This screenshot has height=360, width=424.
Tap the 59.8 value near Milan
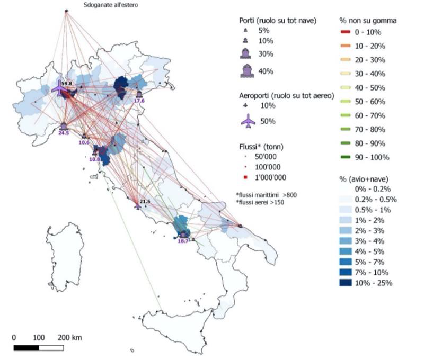[67, 84]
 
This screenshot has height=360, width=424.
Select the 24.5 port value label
[64, 133]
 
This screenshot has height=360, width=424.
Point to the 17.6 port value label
[139, 101]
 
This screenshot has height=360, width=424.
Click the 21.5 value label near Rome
[145, 202]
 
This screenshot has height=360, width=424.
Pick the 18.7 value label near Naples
[183, 241]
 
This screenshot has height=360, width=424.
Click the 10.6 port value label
[84, 142]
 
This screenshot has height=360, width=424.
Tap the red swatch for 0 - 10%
[348, 32]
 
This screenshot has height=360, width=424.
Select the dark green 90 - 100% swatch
[348, 157]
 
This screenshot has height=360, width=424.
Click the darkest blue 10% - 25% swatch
[348, 283]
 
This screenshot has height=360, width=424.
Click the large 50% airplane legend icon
[248, 122]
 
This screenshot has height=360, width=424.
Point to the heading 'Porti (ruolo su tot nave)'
[277, 21]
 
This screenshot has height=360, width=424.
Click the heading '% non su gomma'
[368, 21]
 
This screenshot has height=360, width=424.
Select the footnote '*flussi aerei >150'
[266, 203]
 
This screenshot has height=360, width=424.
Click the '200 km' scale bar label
[70, 337]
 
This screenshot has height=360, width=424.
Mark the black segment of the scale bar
[26, 348]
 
